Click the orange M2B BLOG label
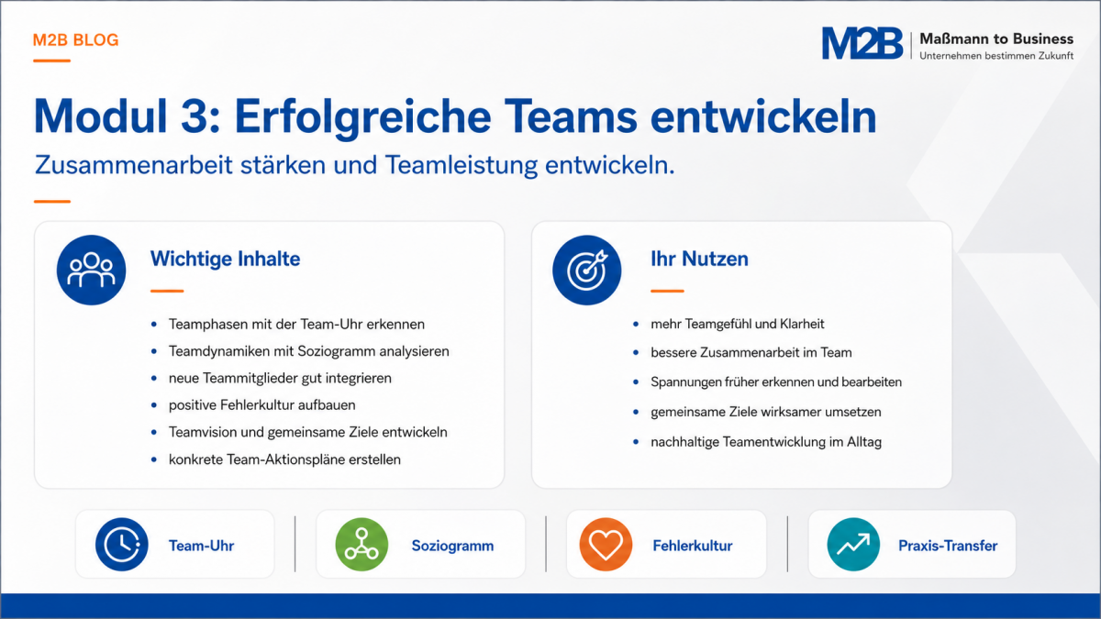point(75,39)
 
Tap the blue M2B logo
point(862,43)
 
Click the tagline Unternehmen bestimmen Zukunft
point(996,56)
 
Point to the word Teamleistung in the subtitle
point(461,165)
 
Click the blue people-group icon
point(91,270)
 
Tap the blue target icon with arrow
point(587,270)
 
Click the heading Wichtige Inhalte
point(225,259)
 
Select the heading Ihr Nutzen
point(699,259)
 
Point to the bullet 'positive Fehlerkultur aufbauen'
point(262,404)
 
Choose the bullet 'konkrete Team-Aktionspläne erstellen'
point(284,459)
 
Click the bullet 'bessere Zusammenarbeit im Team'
point(751,352)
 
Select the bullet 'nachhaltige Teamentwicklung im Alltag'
point(766,442)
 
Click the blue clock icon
point(121,545)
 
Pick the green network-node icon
point(361,545)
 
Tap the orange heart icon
point(606,545)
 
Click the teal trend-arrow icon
point(853,545)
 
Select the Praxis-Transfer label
point(948,546)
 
